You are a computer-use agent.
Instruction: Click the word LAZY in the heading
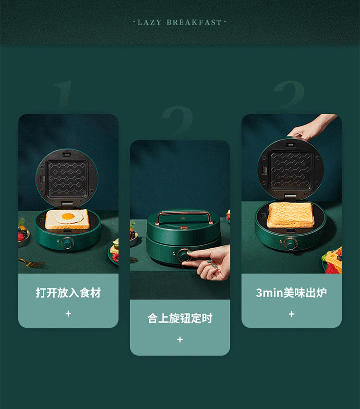(x=149, y=23)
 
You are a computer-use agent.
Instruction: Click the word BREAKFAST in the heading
(x=194, y=23)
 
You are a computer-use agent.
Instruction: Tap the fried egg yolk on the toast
(x=68, y=216)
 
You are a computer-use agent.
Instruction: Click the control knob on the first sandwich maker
(x=68, y=244)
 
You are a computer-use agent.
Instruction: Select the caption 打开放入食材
(x=68, y=293)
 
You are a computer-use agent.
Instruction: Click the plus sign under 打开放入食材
(x=68, y=313)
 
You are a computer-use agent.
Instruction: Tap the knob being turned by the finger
(x=184, y=255)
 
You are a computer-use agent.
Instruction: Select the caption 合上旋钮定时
(x=180, y=318)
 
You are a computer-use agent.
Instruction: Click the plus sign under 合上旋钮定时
(x=180, y=339)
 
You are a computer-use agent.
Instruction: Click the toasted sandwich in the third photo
(x=290, y=215)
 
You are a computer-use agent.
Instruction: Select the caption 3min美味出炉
(x=291, y=293)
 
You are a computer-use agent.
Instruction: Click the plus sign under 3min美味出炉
(x=292, y=314)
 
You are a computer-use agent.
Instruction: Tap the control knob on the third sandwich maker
(x=290, y=244)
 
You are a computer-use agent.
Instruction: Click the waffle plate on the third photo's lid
(x=290, y=170)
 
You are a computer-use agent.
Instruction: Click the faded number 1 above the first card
(x=62, y=94)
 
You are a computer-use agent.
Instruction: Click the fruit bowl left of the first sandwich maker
(x=24, y=235)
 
